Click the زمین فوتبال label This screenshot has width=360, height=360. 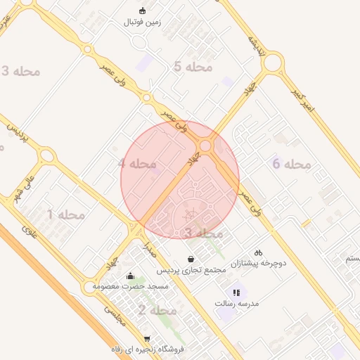click(142, 22)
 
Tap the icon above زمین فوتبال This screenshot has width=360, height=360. click(143, 11)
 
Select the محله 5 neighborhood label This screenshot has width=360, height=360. click(192, 67)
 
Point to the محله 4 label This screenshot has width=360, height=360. click(137, 163)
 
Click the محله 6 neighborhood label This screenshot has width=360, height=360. click(291, 164)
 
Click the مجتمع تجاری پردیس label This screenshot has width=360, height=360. click(191, 270)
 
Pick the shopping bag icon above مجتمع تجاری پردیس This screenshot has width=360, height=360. click(191, 259)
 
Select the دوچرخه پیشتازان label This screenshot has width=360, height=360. click(258, 264)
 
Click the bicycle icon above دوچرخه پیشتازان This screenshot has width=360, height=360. click(258, 252)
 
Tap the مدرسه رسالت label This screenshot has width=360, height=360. click(237, 303)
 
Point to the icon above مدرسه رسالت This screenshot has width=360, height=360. click(237, 292)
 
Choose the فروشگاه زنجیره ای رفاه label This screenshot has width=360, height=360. click(147, 349)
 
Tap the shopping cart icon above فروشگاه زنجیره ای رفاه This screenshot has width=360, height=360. click(147, 337)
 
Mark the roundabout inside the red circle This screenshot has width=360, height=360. click(206, 146)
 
